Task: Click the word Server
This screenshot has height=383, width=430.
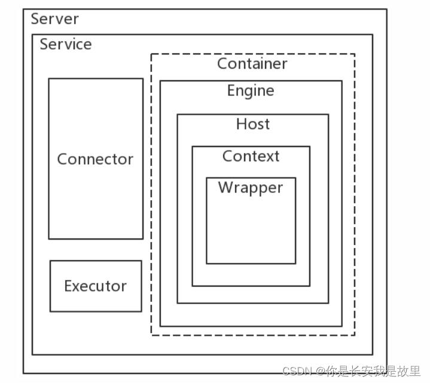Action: click(54, 19)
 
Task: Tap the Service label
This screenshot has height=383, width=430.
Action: click(66, 44)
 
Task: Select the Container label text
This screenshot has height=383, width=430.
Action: click(252, 63)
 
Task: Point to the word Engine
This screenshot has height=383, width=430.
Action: click(251, 91)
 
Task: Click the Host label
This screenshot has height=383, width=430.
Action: click(252, 124)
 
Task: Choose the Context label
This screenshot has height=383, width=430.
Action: click(251, 157)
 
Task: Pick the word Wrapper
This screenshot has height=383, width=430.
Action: click(250, 188)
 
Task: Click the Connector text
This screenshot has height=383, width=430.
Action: click(95, 160)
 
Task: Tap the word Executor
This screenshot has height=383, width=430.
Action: click(95, 286)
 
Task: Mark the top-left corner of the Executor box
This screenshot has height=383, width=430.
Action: click(50, 261)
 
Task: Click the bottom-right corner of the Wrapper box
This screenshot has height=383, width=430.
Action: click(295, 263)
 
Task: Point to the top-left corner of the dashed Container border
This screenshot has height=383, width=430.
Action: click(151, 54)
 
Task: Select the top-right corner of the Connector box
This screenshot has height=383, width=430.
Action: click(143, 78)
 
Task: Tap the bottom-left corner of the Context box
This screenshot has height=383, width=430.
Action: click(192, 286)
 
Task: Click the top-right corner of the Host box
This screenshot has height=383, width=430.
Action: click(328, 114)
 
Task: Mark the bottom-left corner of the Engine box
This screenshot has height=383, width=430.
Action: click(160, 326)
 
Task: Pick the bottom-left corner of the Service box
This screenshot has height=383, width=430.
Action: click(32, 354)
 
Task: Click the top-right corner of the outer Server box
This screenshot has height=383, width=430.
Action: click(386, 9)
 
